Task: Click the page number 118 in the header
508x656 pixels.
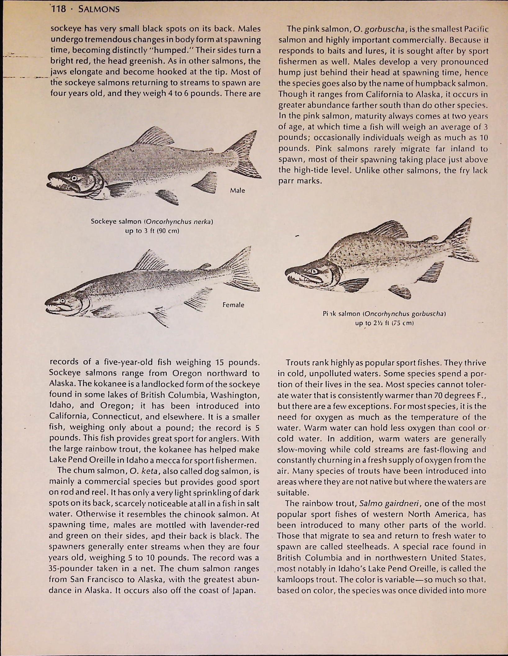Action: click(59, 9)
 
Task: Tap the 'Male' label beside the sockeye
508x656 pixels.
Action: click(237, 190)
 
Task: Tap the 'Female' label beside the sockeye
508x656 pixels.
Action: click(233, 305)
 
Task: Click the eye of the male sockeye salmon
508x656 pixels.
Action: click(74, 178)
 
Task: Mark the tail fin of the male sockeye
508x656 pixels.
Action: click(245, 155)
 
